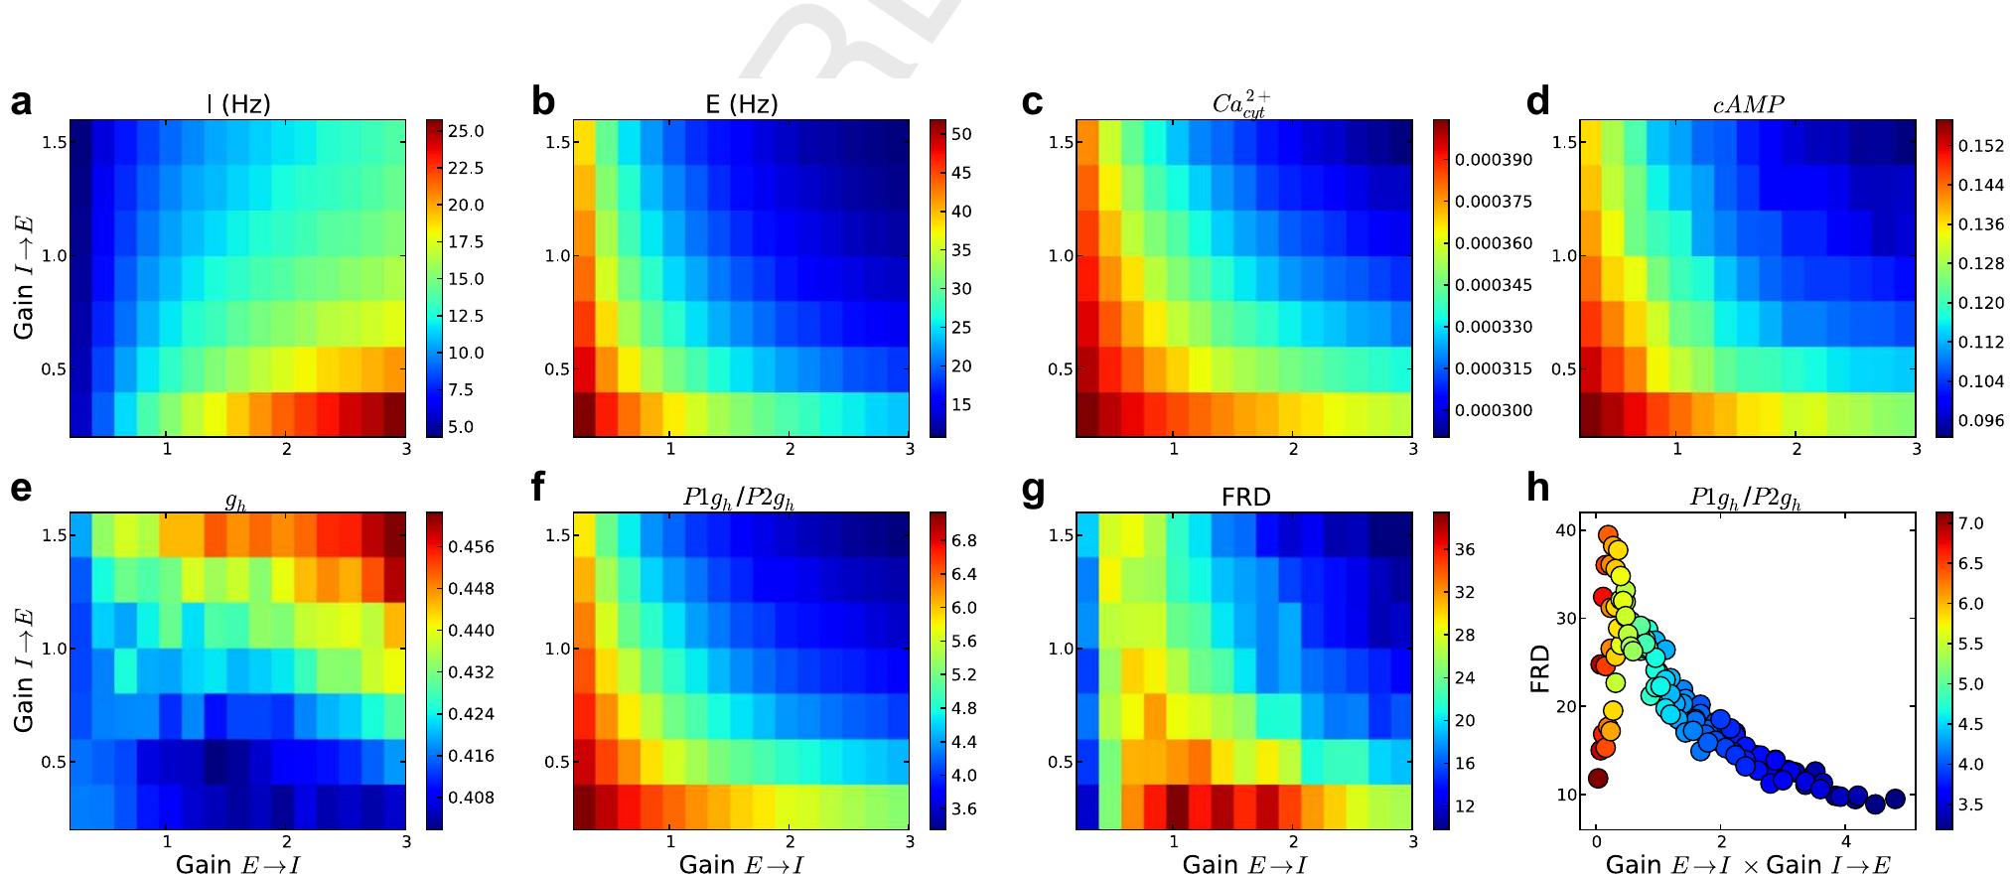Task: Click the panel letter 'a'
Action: coord(21,103)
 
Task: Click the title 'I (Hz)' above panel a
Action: coord(237,104)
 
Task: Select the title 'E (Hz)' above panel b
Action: coord(741,104)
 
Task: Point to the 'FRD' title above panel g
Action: coord(1244,497)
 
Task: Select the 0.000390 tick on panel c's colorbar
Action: coord(1493,160)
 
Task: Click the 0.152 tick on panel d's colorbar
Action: coord(1980,146)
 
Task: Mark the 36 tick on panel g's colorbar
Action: coord(1464,549)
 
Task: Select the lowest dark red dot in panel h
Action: coord(1598,778)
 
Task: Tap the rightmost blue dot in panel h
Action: coord(1894,798)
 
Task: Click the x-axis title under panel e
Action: coord(237,864)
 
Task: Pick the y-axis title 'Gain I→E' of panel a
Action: coord(25,279)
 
